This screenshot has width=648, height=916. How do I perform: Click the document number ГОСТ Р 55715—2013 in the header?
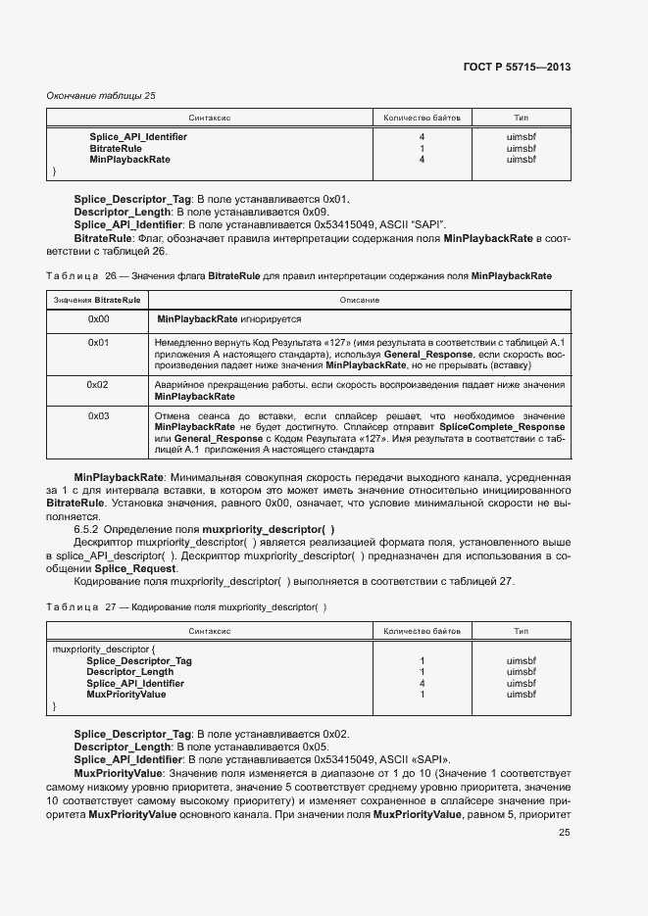(517, 68)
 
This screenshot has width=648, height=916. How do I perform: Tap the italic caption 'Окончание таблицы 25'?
(101, 95)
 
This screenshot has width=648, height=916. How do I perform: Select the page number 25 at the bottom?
(564, 833)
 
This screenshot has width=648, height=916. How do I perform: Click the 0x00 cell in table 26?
(99, 319)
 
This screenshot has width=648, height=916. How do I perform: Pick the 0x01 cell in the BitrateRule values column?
(99, 342)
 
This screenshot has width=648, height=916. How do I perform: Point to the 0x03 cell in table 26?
(99, 416)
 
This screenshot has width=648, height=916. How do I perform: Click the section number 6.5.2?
(88, 529)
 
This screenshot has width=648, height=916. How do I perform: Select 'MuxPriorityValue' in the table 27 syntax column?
(125, 695)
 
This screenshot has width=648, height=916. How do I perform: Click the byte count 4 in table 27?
(422, 683)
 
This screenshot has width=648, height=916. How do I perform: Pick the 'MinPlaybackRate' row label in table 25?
(129, 159)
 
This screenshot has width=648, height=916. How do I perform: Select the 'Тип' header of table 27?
(521, 632)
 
